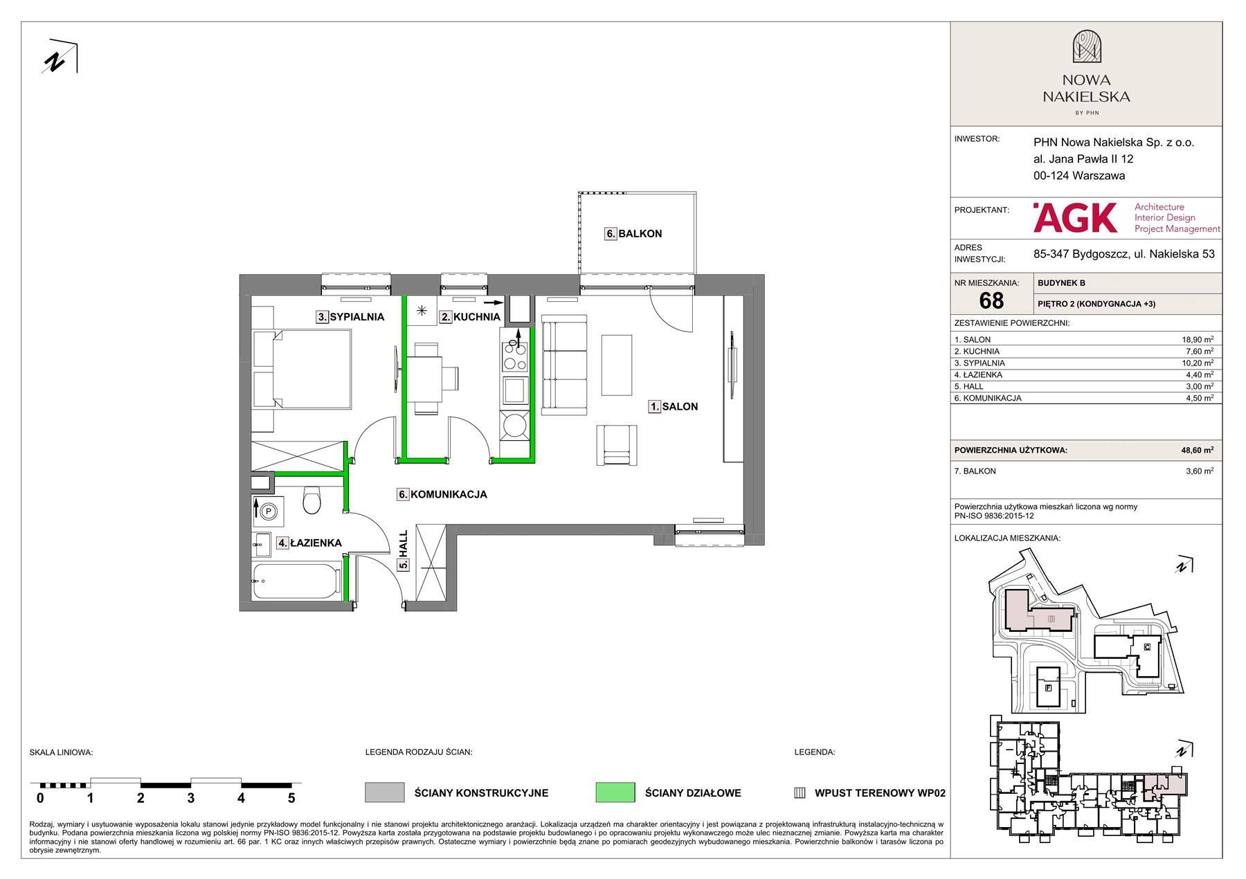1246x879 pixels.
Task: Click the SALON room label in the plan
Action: pos(680,407)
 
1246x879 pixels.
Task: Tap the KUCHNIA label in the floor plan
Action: pos(476,317)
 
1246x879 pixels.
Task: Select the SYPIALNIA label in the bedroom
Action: pos(356,317)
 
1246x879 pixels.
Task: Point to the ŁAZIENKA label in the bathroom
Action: pos(316,543)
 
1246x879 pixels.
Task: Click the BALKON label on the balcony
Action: pos(640,234)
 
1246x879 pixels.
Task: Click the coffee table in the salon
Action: pos(617,365)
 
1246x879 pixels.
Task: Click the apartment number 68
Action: pos(991,300)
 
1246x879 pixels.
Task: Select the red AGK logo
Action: pos(1074,217)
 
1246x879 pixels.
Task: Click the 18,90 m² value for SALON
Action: pos(1198,340)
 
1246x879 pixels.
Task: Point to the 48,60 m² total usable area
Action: pos(1198,450)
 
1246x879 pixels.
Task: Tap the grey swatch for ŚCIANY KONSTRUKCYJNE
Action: pos(384,792)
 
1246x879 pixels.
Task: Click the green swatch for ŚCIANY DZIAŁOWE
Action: pos(615,792)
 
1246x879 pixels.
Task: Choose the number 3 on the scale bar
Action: pos(190,798)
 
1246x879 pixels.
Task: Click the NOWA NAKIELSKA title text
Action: pos(1086,89)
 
